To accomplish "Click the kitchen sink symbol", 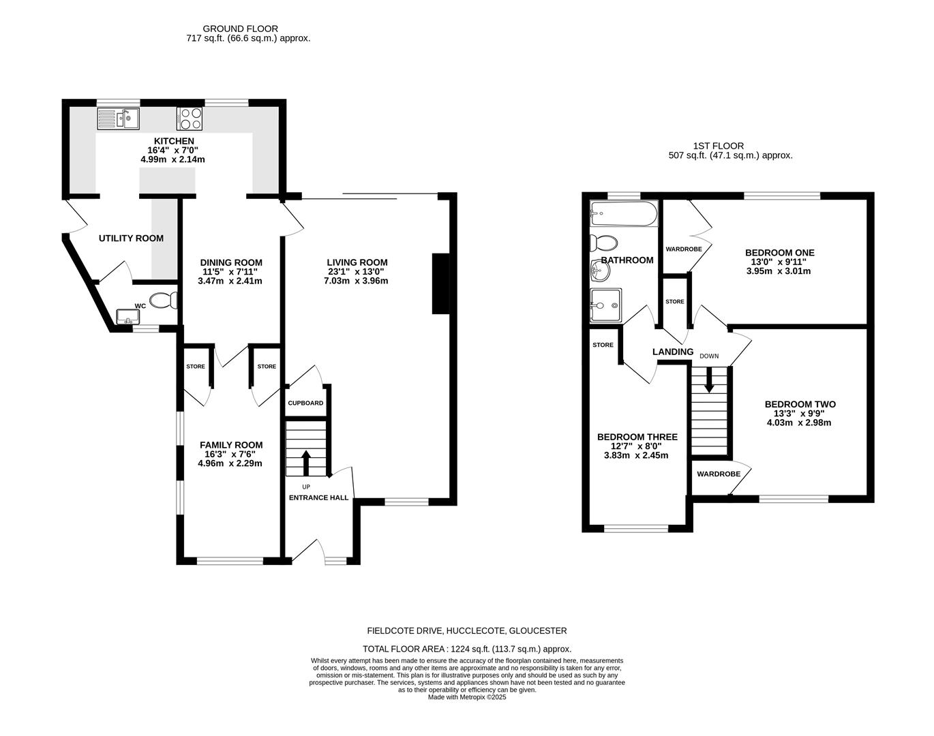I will click(119, 120).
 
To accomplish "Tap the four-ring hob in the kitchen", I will click(190, 119).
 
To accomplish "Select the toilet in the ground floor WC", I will click(164, 300).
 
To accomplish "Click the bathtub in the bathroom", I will click(624, 214).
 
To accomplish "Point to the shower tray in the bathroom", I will click(605, 305).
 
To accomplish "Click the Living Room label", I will click(357, 262).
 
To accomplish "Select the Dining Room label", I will click(230, 262).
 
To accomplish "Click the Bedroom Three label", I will click(637, 437).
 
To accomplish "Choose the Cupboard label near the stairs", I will click(305, 403).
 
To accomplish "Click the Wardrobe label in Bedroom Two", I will click(718, 474).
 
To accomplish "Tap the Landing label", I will click(672, 352).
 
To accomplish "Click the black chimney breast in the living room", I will click(440, 283).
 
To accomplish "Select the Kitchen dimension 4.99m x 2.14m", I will click(172, 159).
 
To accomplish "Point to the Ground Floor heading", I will click(240, 29).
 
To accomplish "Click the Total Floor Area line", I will click(466, 649).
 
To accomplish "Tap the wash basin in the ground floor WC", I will click(127, 316).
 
